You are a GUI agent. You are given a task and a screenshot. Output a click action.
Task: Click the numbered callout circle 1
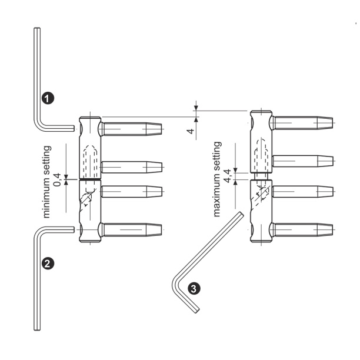(48, 98)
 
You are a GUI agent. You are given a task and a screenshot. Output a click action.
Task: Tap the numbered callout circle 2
(48, 263)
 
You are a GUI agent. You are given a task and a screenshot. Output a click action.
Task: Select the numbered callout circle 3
(194, 289)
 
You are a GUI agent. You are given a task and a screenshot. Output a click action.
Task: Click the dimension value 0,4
(57, 179)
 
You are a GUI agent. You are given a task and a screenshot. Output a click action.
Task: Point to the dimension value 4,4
(227, 176)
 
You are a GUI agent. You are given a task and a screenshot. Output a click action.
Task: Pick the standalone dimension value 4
(191, 131)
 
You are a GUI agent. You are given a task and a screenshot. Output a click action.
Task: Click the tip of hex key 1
(74, 128)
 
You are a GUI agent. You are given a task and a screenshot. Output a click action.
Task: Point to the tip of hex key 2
(74, 229)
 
